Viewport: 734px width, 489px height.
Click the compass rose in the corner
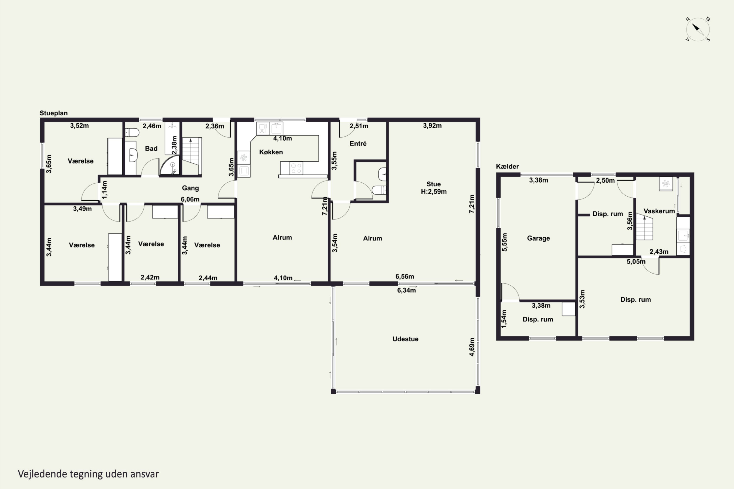click(x=698, y=29)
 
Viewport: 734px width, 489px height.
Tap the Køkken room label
click(x=271, y=152)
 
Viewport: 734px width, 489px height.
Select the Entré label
click(x=358, y=144)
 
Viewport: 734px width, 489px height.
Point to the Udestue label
click(x=405, y=339)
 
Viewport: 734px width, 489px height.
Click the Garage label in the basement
click(x=538, y=238)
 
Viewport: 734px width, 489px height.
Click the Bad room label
click(x=151, y=148)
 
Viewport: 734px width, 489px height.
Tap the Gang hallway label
click(x=190, y=188)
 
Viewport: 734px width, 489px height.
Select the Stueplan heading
click(x=53, y=113)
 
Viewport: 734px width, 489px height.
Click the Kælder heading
click(x=507, y=167)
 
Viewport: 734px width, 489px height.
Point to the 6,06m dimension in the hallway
click(x=190, y=199)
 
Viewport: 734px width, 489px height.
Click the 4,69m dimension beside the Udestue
click(x=472, y=347)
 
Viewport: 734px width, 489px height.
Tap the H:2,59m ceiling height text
click(x=434, y=191)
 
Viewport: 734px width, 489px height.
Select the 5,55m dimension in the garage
click(x=504, y=242)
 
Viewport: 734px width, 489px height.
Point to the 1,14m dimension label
click(x=104, y=190)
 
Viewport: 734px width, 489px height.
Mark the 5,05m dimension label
click(x=636, y=262)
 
